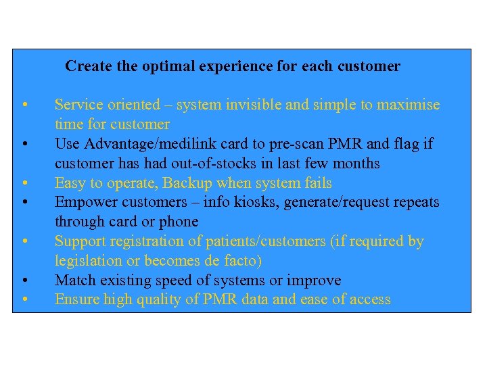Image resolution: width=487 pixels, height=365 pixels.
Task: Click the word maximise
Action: coord(408,105)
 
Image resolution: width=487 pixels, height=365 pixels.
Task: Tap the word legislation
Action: coord(87,261)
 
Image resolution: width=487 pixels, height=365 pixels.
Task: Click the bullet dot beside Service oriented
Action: coord(24,105)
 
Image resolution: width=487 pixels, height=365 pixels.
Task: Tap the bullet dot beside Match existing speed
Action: coord(24,281)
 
